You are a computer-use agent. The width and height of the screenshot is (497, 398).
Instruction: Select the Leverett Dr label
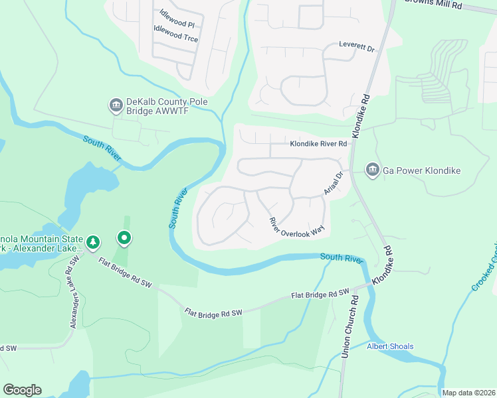pos(357,48)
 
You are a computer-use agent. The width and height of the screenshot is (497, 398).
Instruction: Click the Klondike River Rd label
pos(318,143)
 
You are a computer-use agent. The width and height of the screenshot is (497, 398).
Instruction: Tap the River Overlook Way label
pos(296,227)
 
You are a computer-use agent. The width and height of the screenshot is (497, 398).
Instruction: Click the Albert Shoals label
pos(390,346)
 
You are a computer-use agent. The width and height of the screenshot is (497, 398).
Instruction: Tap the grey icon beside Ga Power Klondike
pos(372,170)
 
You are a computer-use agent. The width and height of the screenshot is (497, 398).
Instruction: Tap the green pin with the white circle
pos(124,237)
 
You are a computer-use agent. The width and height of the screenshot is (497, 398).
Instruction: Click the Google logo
pos(22,389)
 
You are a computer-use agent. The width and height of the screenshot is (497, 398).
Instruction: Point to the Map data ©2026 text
pos(468,393)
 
